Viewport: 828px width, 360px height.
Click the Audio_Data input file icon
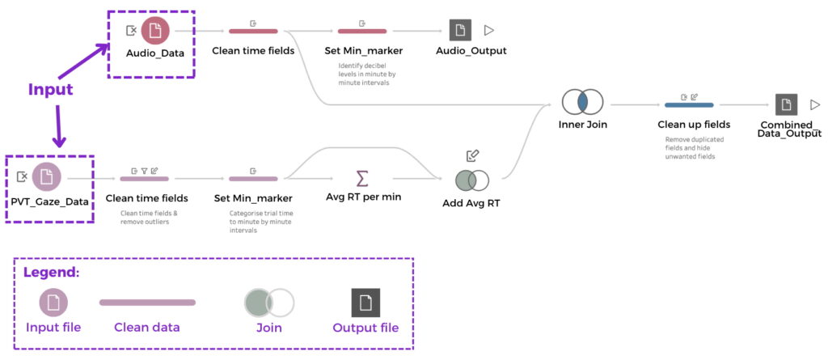155,31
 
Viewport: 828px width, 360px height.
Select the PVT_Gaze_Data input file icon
47,176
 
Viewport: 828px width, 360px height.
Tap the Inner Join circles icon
582,103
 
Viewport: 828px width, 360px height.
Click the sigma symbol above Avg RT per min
362,178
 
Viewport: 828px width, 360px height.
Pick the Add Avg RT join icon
471,180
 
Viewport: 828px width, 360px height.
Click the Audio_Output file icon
460,30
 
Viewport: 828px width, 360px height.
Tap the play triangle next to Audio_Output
489,30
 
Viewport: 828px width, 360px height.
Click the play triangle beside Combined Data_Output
814,104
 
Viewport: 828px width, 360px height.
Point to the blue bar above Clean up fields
688,104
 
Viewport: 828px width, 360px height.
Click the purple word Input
51,89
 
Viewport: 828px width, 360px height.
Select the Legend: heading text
51,272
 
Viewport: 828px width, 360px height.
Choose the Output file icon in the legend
365,303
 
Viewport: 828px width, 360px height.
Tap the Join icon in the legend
269,303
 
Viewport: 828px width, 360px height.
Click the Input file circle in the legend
53,303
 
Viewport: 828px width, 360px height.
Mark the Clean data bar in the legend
146,303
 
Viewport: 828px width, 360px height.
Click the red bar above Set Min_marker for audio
361,32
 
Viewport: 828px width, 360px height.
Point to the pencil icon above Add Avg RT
473,155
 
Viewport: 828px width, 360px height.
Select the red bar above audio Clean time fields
253,32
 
